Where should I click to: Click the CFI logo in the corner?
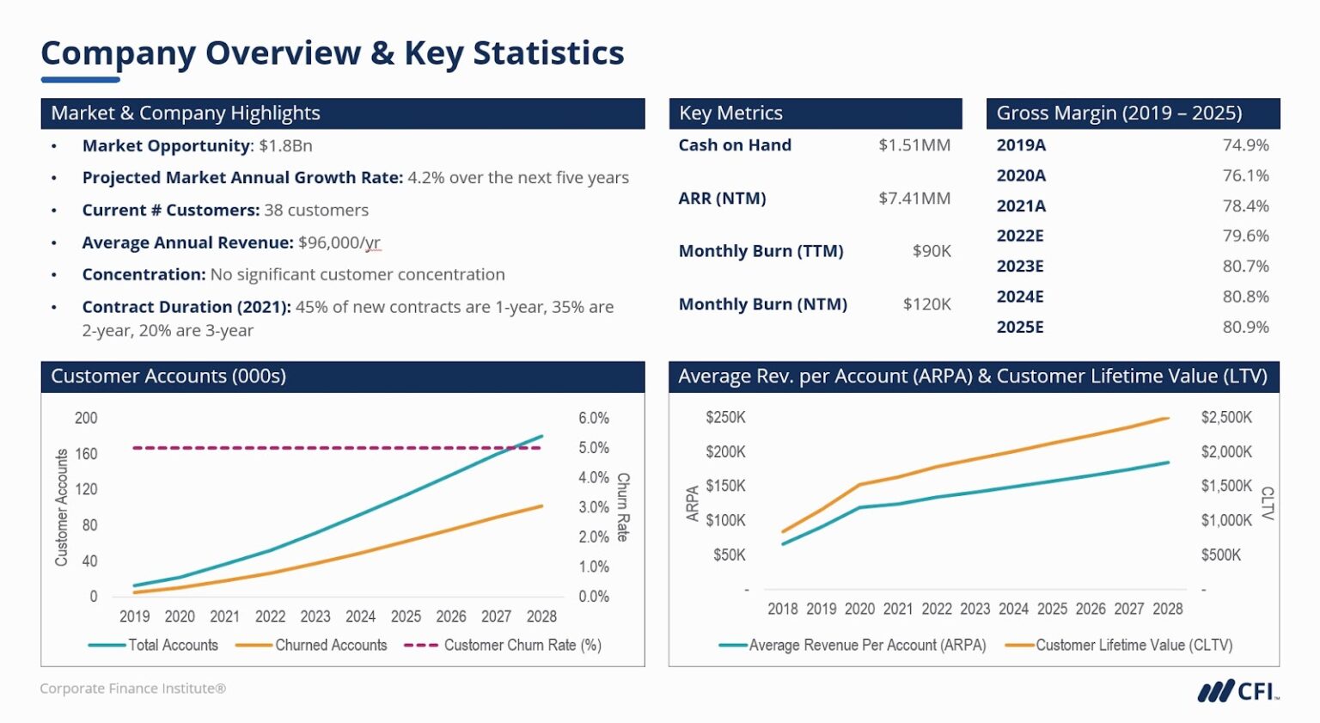tap(1237, 690)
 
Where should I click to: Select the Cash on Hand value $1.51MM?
tap(914, 145)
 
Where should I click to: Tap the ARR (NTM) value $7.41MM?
tap(914, 199)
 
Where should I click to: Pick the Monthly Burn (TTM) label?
tap(761, 251)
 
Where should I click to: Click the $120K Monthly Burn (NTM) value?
tap(926, 304)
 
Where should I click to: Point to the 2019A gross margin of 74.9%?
tap(1245, 145)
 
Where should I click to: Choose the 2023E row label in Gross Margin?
tap(1020, 267)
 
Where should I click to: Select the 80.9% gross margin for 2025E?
tap(1245, 327)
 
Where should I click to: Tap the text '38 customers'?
tap(316, 211)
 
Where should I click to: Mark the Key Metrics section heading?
tap(730, 113)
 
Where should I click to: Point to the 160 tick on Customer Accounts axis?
tap(86, 454)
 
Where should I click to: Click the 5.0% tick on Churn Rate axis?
tap(593, 448)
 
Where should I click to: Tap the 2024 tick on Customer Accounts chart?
tap(360, 616)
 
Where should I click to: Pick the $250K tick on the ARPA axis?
tap(725, 418)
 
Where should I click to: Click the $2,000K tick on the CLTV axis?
tap(1226, 452)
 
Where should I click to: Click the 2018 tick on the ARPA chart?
tap(782, 609)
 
